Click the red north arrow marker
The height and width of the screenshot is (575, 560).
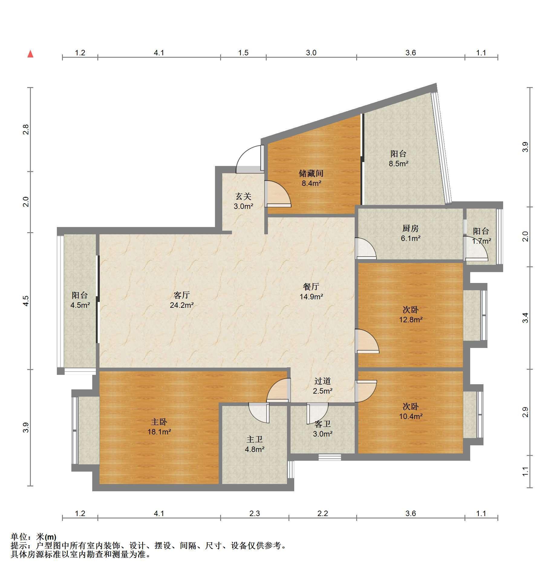(30, 54)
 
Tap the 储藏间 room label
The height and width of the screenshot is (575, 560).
(311, 173)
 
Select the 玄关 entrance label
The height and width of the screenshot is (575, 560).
(243, 197)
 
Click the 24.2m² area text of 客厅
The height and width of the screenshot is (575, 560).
(182, 305)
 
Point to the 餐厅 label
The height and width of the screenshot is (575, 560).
(311, 286)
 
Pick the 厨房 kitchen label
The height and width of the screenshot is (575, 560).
(411, 228)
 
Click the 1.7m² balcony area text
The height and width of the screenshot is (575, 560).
(481, 241)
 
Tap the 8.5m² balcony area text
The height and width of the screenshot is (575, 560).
(399, 164)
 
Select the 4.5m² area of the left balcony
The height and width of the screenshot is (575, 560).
(80, 305)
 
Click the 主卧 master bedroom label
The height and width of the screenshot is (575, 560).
(159, 422)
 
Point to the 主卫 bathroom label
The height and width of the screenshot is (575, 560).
(255, 439)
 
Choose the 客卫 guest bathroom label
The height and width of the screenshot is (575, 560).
(323, 424)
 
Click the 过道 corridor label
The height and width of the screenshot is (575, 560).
(323, 381)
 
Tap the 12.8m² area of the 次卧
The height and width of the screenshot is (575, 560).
(411, 320)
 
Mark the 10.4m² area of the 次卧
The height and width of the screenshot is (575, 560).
(411, 416)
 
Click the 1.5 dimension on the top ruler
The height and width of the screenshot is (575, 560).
(243, 53)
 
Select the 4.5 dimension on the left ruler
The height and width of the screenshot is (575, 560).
(26, 301)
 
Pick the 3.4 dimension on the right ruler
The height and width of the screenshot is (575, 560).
(526, 318)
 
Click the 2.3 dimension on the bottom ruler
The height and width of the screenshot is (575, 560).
(255, 513)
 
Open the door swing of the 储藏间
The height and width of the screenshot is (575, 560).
(278, 194)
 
